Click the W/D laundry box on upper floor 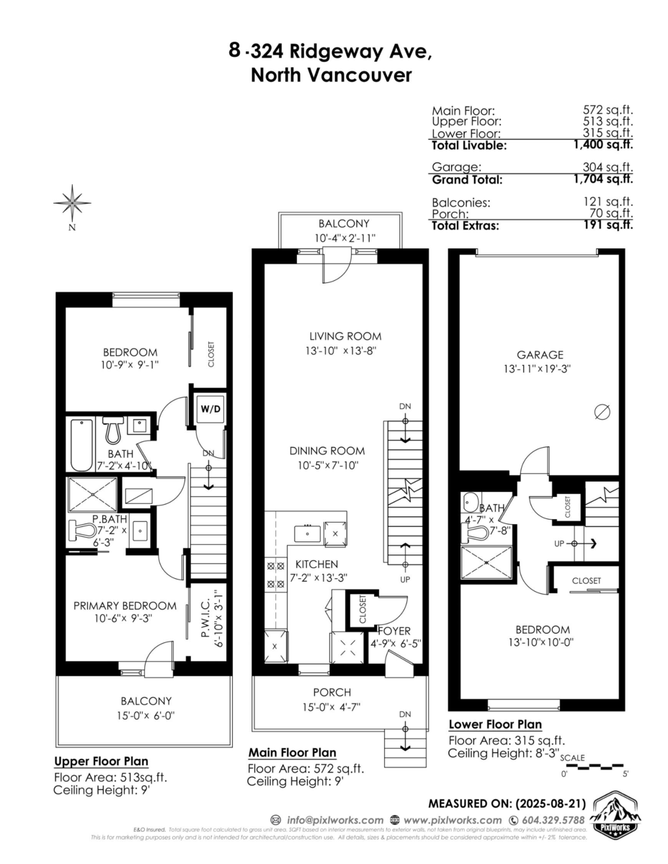(210, 408)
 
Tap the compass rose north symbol (72, 204)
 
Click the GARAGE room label (540, 354)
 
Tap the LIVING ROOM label (345, 336)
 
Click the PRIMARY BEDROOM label (125, 606)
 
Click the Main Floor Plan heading (292, 752)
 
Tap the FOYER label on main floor (393, 631)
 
